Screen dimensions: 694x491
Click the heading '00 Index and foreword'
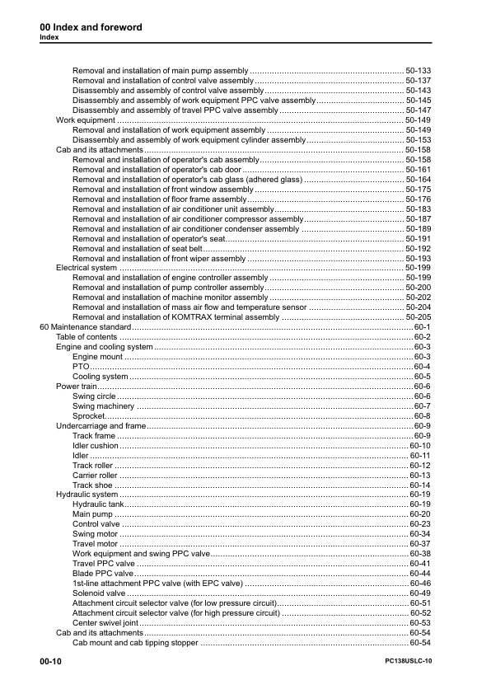click(91, 27)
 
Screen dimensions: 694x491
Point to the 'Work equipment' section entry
click(85, 120)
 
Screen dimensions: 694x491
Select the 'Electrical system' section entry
click(86, 268)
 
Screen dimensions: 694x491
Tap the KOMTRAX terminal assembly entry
click(175, 317)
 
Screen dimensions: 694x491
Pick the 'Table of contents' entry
click(87, 337)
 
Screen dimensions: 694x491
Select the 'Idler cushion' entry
click(96, 446)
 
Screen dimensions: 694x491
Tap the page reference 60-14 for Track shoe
click(420, 485)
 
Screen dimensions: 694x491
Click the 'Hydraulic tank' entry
click(98, 504)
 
